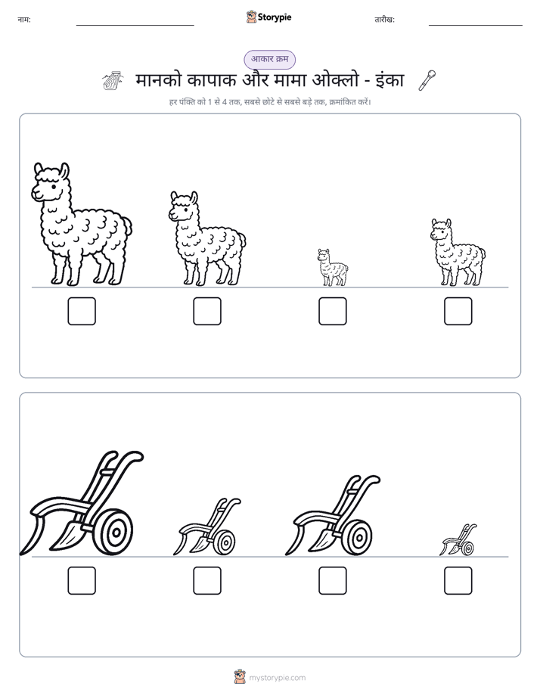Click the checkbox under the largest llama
(x=82, y=311)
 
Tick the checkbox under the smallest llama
(x=332, y=311)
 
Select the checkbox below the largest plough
(x=82, y=580)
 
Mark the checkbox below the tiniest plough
(x=458, y=580)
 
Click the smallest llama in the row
(x=332, y=268)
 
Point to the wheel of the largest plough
(x=114, y=533)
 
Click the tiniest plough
(x=458, y=540)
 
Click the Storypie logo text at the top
(x=275, y=17)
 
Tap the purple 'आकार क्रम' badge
(x=269, y=59)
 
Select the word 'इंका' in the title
(x=389, y=80)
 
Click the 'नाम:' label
(x=24, y=20)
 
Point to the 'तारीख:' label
(x=384, y=20)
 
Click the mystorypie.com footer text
(x=277, y=678)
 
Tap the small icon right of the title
(x=427, y=80)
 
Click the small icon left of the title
(x=113, y=81)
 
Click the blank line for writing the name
(x=135, y=25)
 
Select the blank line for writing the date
(x=476, y=25)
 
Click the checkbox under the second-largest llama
(x=207, y=311)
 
